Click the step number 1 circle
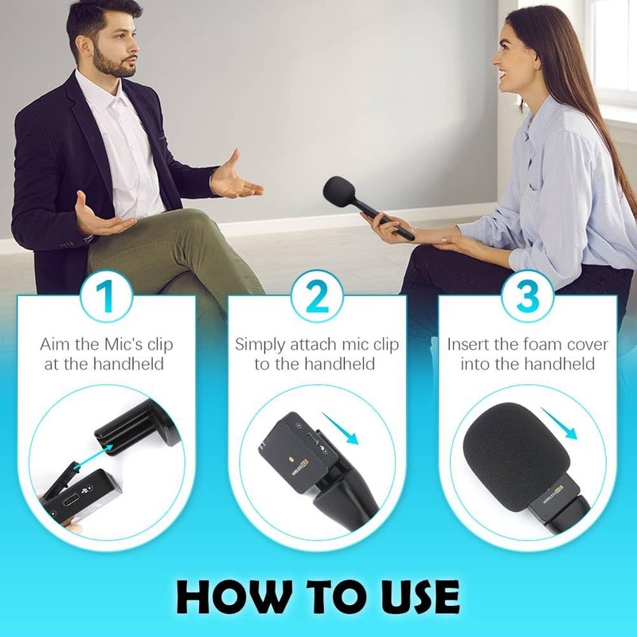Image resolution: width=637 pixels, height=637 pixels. [x=106, y=296]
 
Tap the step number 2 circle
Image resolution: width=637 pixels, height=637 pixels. [x=318, y=296]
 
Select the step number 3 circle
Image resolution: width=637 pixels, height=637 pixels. [x=528, y=296]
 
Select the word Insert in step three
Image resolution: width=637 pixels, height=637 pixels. [x=472, y=345]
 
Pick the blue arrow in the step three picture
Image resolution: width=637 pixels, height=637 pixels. [x=568, y=430]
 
